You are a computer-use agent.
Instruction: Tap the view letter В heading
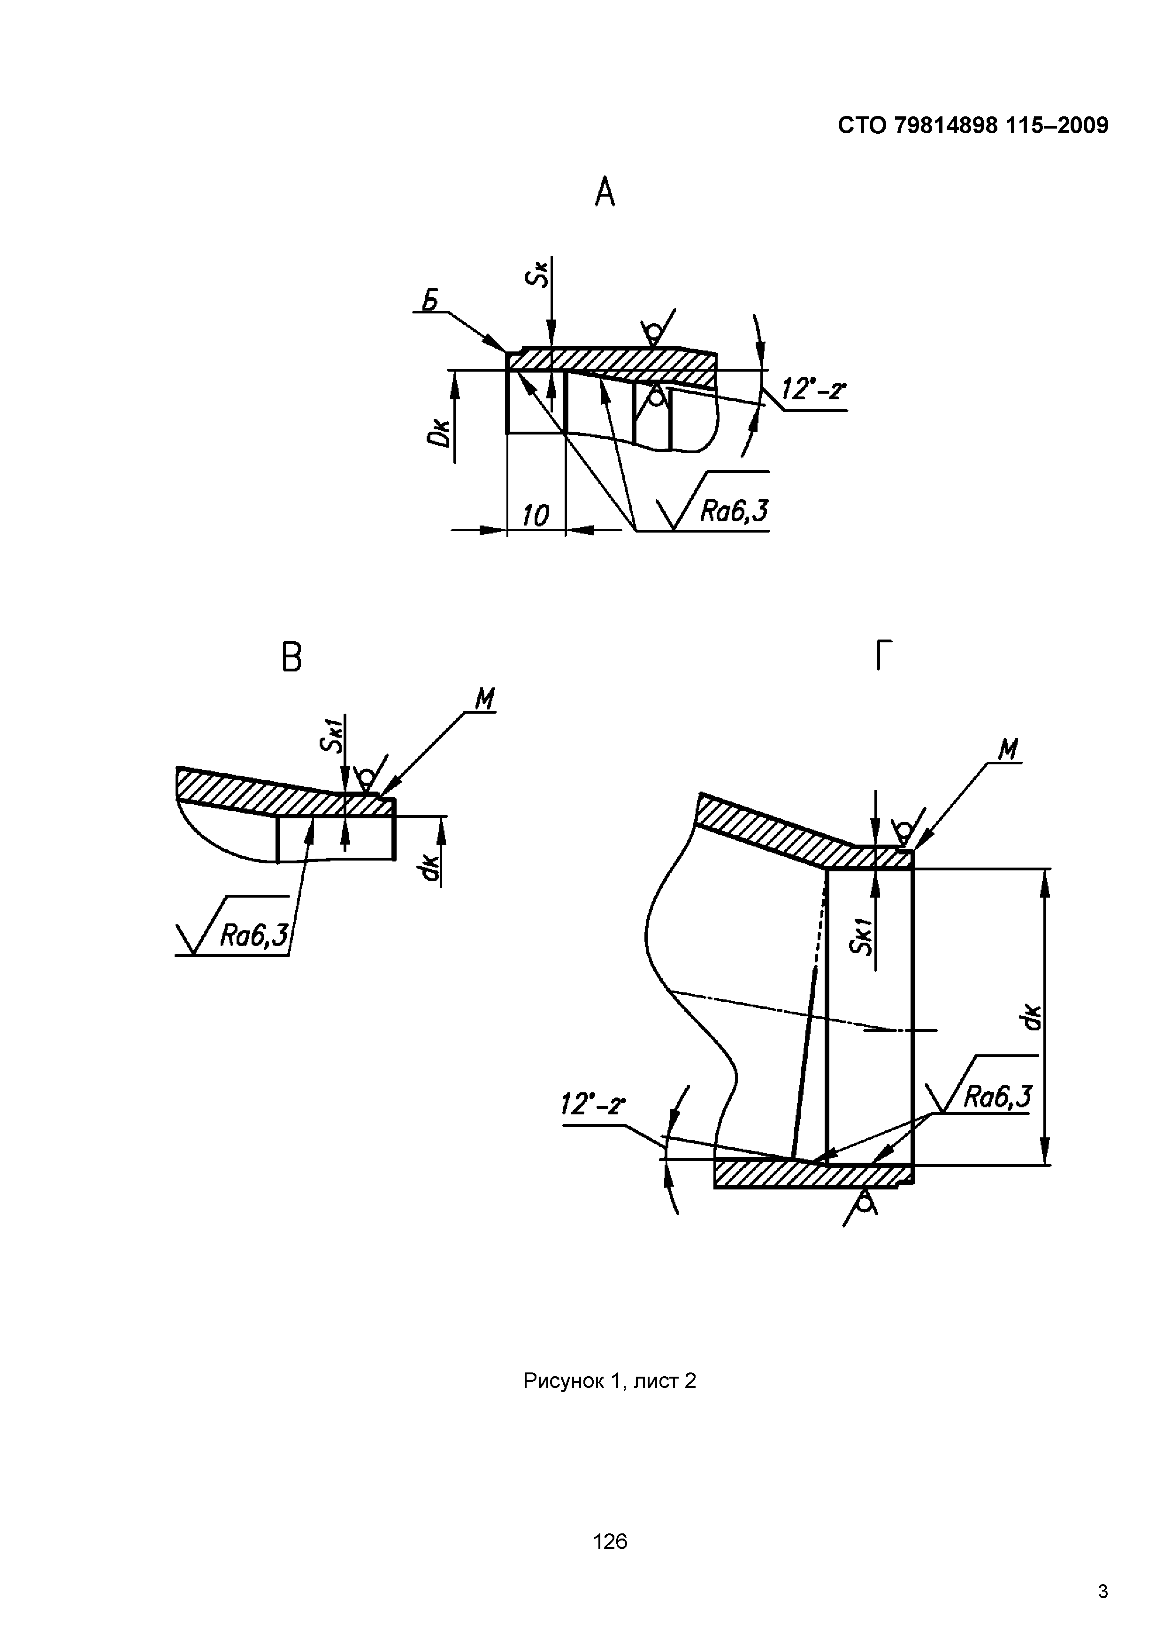[291, 657]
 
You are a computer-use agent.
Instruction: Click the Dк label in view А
[440, 432]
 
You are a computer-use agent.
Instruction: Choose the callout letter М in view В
[486, 699]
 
